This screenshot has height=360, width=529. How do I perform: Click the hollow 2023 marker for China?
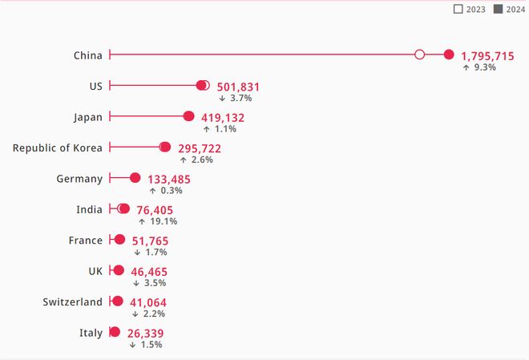pyautogui.click(x=419, y=55)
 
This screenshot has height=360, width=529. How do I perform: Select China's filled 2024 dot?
pyautogui.click(x=449, y=55)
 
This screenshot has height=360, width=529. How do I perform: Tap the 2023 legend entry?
pyautogui.click(x=470, y=9)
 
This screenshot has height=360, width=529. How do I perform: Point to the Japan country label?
pyautogui.click(x=88, y=117)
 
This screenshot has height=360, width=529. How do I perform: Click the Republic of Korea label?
pyautogui.click(x=58, y=148)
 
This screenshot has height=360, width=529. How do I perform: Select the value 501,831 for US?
pyautogui.click(x=238, y=87)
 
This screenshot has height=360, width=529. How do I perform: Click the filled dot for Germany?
pyautogui.click(x=135, y=178)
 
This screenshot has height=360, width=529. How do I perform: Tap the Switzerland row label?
pyautogui.click(x=73, y=302)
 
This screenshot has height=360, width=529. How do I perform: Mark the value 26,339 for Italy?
pyautogui.click(x=146, y=333)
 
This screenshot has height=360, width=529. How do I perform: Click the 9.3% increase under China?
pyautogui.click(x=479, y=67)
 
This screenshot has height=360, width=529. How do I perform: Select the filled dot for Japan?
pyautogui.click(x=189, y=116)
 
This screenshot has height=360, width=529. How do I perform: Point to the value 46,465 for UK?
pyautogui.click(x=150, y=272)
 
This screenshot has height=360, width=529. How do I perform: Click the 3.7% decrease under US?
pyautogui.click(x=236, y=98)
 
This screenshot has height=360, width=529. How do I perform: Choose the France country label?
pyautogui.click(x=86, y=241)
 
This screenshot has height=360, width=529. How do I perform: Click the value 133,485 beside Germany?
pyautogui.click(x=169, y=179)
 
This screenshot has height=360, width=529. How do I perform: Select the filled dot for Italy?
pyautogui.click(x=115, y=332)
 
